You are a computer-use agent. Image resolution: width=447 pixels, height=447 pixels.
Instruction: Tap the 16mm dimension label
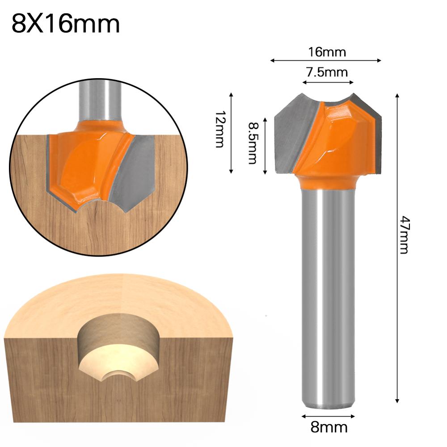click(326, 52)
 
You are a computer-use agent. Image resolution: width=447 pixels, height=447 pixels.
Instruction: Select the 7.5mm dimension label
click(327, 72)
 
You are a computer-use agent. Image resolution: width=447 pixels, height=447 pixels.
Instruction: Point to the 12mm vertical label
click(219, 133)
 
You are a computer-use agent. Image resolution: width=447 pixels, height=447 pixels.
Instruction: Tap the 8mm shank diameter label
click(329, 427)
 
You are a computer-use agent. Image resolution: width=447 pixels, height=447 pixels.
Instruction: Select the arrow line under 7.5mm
click(328, 82)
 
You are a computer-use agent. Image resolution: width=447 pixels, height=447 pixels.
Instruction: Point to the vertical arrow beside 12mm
click(231, 133)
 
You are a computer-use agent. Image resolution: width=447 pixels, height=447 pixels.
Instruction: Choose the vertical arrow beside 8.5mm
click(266, 146)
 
